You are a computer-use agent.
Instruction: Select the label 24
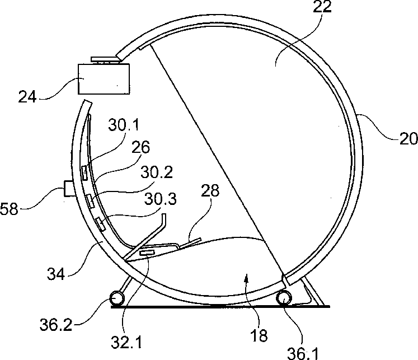27,97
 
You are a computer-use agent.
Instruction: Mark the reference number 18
259,336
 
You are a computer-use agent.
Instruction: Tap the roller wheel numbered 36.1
284,297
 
